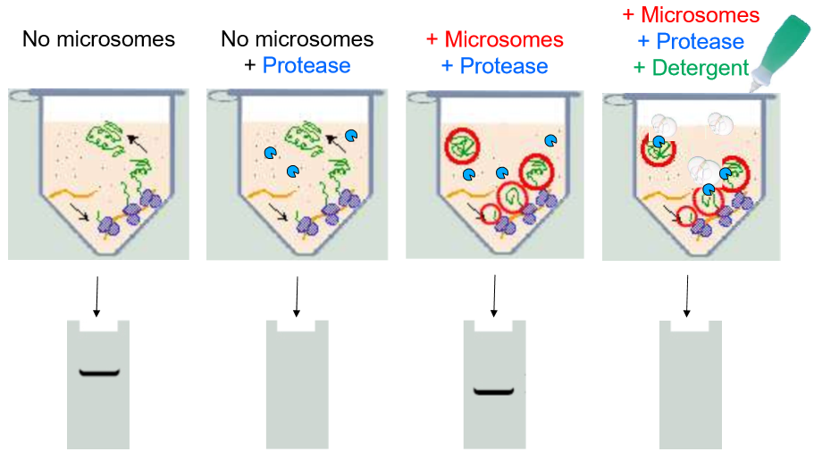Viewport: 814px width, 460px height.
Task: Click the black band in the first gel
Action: [x=98, y=372]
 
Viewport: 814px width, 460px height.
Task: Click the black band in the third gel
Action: [x=494, y=390]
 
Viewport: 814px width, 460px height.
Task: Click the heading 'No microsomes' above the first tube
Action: [x=98, y=39]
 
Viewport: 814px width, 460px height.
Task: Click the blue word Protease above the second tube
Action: [x=306, y=65]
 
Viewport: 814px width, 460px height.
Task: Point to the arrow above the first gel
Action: [x=97, y=297]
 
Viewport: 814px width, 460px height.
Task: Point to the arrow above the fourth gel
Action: [x=687, y=297]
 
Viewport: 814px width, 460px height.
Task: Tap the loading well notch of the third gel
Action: [x=494, y=326]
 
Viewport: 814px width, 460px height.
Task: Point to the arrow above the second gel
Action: [x=296, y=297]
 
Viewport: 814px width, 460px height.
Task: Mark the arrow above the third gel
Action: [x=493, y=297]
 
